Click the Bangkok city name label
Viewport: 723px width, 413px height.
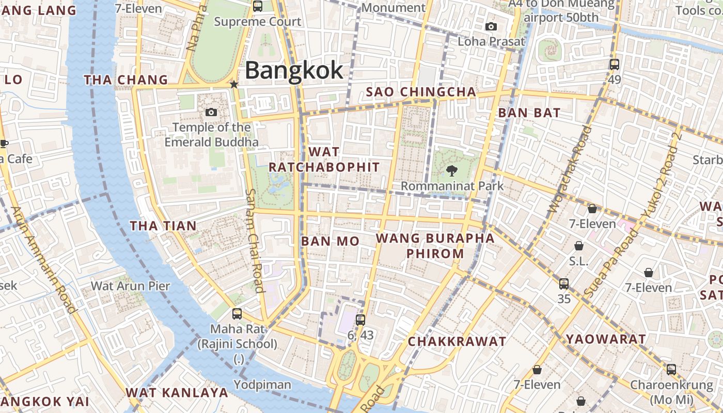point(294,71)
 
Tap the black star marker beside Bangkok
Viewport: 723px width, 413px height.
point(234,84)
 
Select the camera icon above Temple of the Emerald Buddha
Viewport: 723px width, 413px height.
point(211,112)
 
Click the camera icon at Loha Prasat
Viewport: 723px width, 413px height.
point(491,26)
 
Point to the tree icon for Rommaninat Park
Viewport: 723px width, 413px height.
point(451,170)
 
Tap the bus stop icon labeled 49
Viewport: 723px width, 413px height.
point(614,65)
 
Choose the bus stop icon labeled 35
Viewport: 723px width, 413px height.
point(564,283)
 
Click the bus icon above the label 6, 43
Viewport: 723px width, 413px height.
point(360,320)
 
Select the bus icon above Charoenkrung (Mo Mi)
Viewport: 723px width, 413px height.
point(671,369)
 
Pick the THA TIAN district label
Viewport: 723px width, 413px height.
point(163,226)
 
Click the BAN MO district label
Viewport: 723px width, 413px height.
point(330,241)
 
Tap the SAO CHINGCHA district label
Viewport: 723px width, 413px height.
point(421,92)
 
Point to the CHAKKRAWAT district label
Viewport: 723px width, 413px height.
point(457,342)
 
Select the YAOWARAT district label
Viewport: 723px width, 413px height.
point(606,339)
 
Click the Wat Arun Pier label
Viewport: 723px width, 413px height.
point(131,285)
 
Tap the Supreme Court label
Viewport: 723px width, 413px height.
point(257,22)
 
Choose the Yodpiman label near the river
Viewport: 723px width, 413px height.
point(262,385)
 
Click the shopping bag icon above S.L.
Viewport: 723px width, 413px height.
point(579,245)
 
